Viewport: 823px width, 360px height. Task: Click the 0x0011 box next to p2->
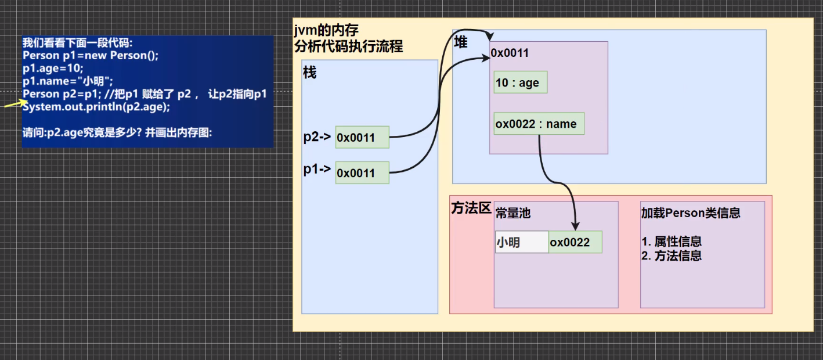(x=362, y=138)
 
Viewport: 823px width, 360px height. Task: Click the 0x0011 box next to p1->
(x=362, y=172)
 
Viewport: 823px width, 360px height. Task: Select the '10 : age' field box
(x=520, y=83)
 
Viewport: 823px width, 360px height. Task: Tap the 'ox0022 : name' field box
(x=539, y=124)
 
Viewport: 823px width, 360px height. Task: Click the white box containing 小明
(x=521, y=242)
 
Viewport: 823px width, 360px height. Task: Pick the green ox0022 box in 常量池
(x=575, y=242)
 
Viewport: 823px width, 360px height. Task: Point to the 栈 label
(x=310, y=73)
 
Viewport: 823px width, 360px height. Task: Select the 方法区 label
(x=471, y=208)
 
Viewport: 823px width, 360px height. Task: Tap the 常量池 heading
(x=512, y=213)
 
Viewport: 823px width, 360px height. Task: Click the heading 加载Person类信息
(x=690, y=213)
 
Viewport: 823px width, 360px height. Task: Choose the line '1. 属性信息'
(x=671, y=242)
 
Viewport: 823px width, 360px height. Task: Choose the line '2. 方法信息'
(x=671, y=255)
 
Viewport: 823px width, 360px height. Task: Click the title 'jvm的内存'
(x=326, y=32)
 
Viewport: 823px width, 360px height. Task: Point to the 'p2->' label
(x=317, y=137)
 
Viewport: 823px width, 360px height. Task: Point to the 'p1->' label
(x=317, y=169)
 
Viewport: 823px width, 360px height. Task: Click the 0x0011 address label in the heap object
(x=510, y=53)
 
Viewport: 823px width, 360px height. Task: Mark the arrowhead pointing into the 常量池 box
(x=575, y=225)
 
